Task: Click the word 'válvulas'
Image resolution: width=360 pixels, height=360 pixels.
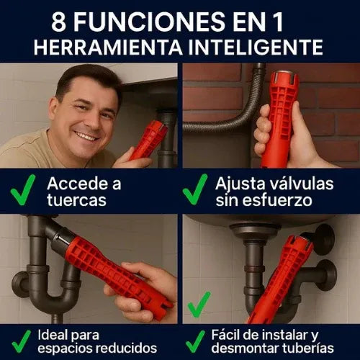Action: [x=302, y=183]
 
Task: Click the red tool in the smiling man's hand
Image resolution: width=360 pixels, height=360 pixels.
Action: [x=148, y=140]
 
